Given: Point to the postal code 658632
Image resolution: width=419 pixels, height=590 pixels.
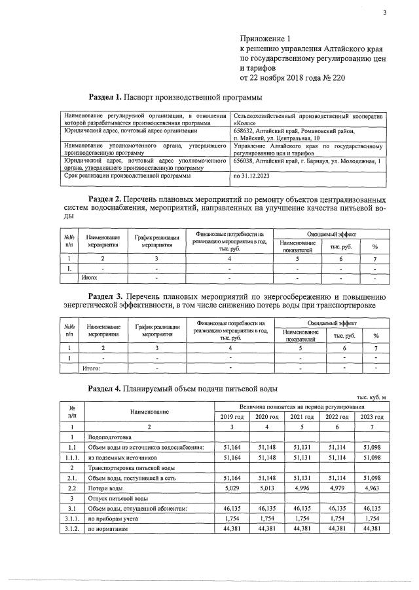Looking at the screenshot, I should [x=246, y=131].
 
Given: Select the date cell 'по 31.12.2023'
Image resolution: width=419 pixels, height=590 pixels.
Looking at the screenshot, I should [x=251, y=176].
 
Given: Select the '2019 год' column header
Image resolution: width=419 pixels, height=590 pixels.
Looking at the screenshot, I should [x=230, y=417].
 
